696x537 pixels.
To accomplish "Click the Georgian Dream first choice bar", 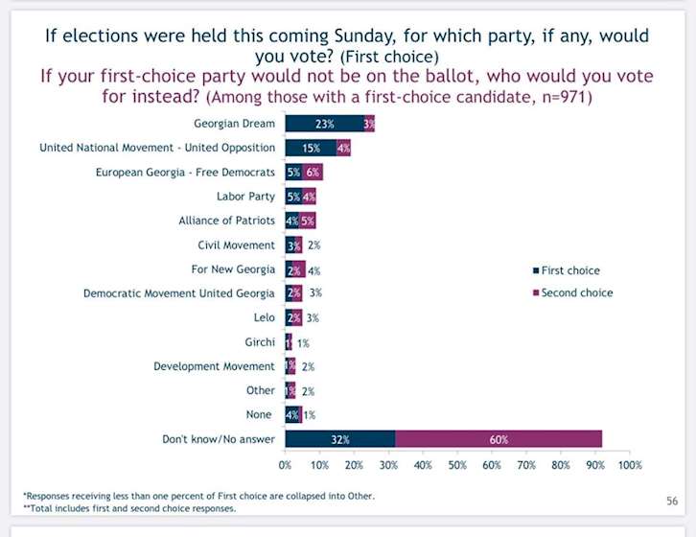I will point(324,124).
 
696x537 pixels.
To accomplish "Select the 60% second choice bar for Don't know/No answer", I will point(499,439).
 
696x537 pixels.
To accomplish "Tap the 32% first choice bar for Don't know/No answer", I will point(339,439).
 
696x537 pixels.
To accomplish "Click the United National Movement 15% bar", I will point(311,148).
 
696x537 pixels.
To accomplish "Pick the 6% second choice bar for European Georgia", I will point(313,173).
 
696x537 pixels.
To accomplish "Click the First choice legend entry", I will point(570,270).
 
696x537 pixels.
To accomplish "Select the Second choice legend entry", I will point(576,292).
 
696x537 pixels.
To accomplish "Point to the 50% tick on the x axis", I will point(457,465).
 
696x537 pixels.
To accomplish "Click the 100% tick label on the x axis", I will point(629,465).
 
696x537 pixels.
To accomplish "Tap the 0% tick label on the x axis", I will point(286,465).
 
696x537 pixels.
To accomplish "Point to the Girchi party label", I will point(260,342).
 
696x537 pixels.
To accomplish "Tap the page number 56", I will point(672,501).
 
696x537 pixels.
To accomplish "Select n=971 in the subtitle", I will point(562,97).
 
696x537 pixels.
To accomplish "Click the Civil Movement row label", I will point(236,245).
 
